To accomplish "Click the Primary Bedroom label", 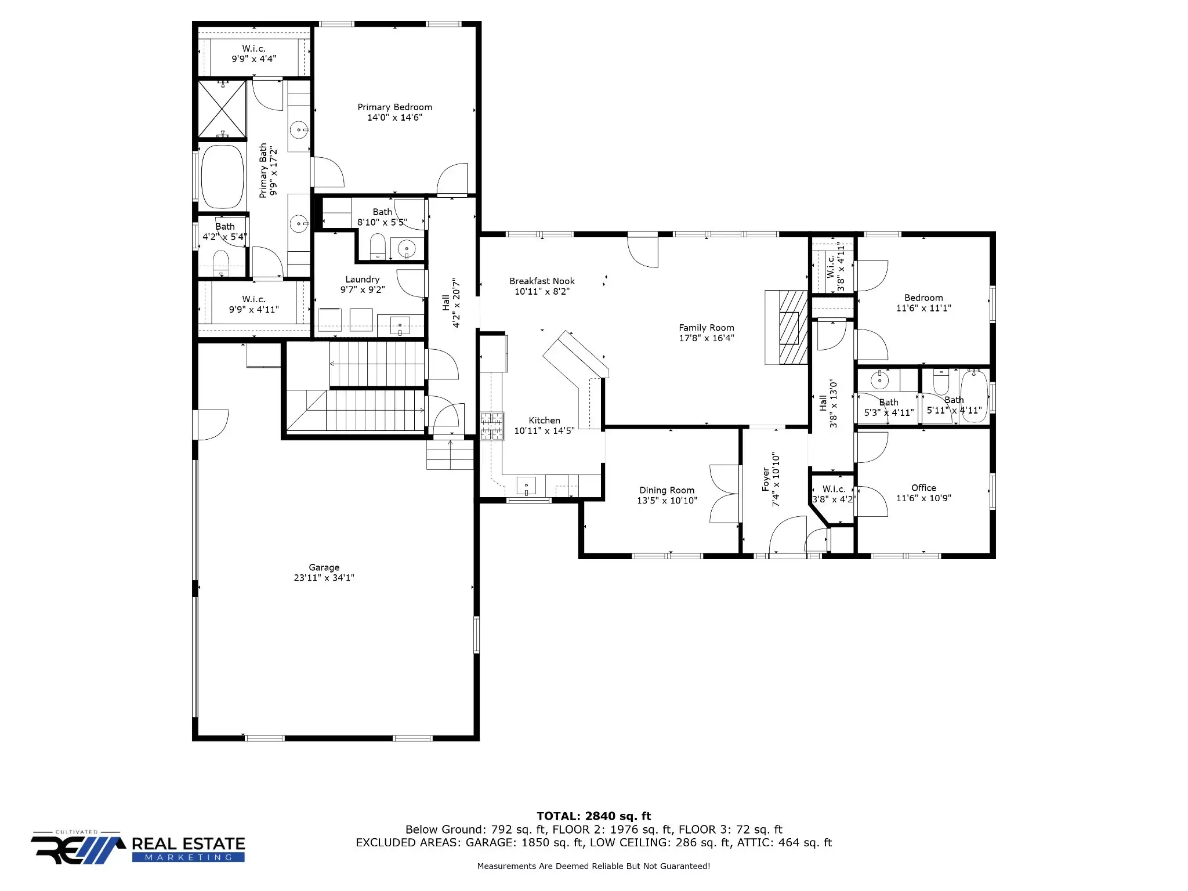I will coord(394,107).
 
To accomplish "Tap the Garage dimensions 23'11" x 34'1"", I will coord(324,578).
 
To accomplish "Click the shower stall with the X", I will coord(222,110).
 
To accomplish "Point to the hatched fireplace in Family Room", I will coord(792,327).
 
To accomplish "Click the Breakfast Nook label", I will coord(542,281).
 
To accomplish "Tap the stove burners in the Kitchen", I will coord(491,426).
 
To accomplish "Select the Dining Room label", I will coord(667,490).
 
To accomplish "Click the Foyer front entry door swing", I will coord(787,536).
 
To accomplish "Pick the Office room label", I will coord(923,488).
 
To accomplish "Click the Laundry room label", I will coord(362,280).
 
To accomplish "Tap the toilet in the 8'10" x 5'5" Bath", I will coord(378,247).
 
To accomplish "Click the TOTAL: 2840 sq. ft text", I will coord(593,816).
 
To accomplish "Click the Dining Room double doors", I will coord(725,494).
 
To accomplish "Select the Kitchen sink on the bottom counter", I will coord(526,485).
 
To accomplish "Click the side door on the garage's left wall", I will coord(212,424).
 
